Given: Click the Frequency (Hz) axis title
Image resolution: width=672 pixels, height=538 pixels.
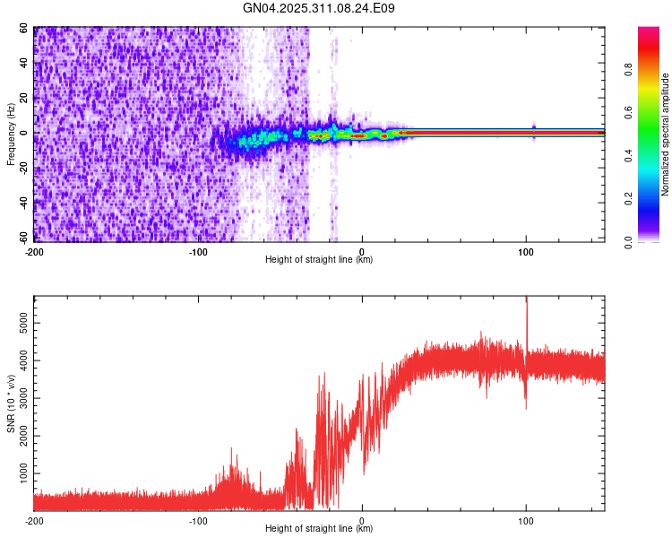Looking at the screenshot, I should (x=11, y=134).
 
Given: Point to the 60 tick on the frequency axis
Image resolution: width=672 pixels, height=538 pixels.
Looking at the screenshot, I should (x=25, y=29).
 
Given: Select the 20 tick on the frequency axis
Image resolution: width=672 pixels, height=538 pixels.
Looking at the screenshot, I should (x=25, y=99).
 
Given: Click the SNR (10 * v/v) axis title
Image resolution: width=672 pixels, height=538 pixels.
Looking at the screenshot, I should (x=11, y=403).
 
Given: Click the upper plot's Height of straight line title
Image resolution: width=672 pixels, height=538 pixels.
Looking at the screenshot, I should (x=319, y=260).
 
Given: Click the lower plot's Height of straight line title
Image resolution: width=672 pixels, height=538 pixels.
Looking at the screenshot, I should (x=319, y=529).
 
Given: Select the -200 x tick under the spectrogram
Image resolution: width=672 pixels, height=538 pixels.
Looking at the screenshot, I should (x=34, y=250).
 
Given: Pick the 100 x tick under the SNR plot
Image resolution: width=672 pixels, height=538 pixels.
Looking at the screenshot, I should (x=526, y=519).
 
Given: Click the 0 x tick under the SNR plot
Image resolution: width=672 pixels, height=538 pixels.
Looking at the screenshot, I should (x=362, y=519).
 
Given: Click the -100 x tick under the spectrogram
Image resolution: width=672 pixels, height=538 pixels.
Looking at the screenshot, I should (x=198, y=250).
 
